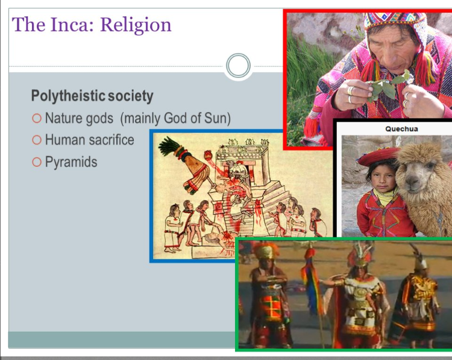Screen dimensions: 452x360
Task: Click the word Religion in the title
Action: (136, 25)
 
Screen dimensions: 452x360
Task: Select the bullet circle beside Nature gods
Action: (37, 119)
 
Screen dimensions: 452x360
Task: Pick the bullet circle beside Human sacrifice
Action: (37, 140)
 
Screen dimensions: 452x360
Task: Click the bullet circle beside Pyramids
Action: (37, 162)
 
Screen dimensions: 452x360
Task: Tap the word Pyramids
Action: (71, 162)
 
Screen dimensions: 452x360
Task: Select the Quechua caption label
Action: (401, 129)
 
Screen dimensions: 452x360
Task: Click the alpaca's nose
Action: (412, 181)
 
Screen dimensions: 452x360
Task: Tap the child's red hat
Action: (378, 156)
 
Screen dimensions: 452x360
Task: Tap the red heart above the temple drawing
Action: (209, 155)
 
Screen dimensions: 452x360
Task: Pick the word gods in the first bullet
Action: (99, 119)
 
